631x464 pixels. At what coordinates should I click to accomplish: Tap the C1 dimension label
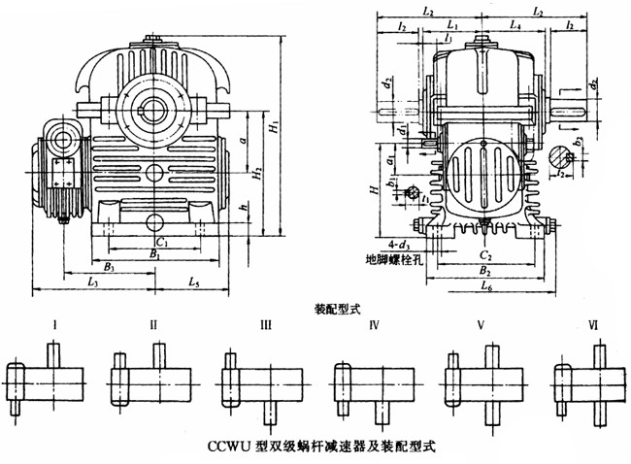162,239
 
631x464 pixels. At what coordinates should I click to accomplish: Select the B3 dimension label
110,264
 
